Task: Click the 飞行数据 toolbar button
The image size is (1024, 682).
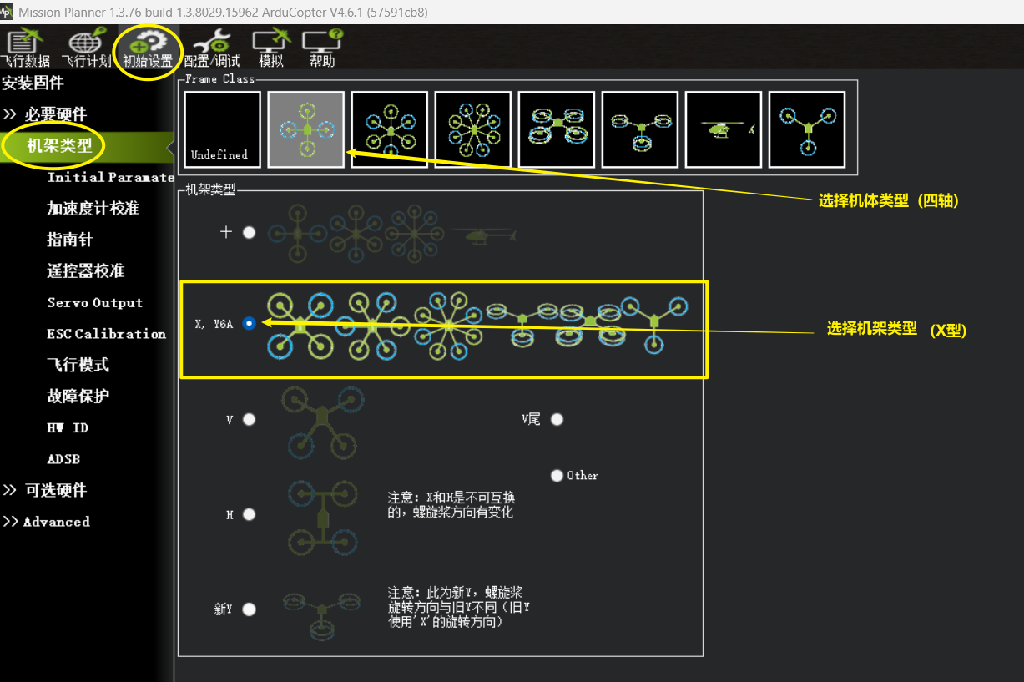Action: [x=25, y=47]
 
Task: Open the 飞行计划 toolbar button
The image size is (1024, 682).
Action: [x=86, y=47]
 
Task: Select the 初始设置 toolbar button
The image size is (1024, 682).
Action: [x=147, y=47]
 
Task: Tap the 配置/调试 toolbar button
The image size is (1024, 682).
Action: [x=212, y=47]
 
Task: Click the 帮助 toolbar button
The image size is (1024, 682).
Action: [x=322, y=47]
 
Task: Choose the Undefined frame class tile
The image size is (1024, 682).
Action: [x=222, y=130]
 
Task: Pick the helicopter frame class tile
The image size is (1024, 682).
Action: [x=724, y=130]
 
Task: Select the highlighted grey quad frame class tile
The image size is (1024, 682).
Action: [x=305, y=130]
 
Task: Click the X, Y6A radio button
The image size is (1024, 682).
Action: [x=250, y=324]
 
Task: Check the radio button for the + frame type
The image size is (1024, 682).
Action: [x=250, y=233]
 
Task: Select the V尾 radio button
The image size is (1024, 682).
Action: [x=557, y=419]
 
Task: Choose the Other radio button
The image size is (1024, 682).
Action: [x=557, y=476]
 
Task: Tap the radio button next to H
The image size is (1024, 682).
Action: [x=250, y=515]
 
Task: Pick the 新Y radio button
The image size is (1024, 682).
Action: [x=250, y=609]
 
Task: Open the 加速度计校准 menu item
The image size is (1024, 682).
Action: [x=93, y=209]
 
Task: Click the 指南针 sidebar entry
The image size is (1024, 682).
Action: [x=70, y=240]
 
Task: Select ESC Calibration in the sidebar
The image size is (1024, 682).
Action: [x=107, y=334]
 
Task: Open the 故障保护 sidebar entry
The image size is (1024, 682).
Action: [x=78, y=397]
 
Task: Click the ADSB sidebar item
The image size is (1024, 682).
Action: [x=63, y=459]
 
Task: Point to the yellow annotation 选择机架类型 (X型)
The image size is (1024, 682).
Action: [x=896, y=329]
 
